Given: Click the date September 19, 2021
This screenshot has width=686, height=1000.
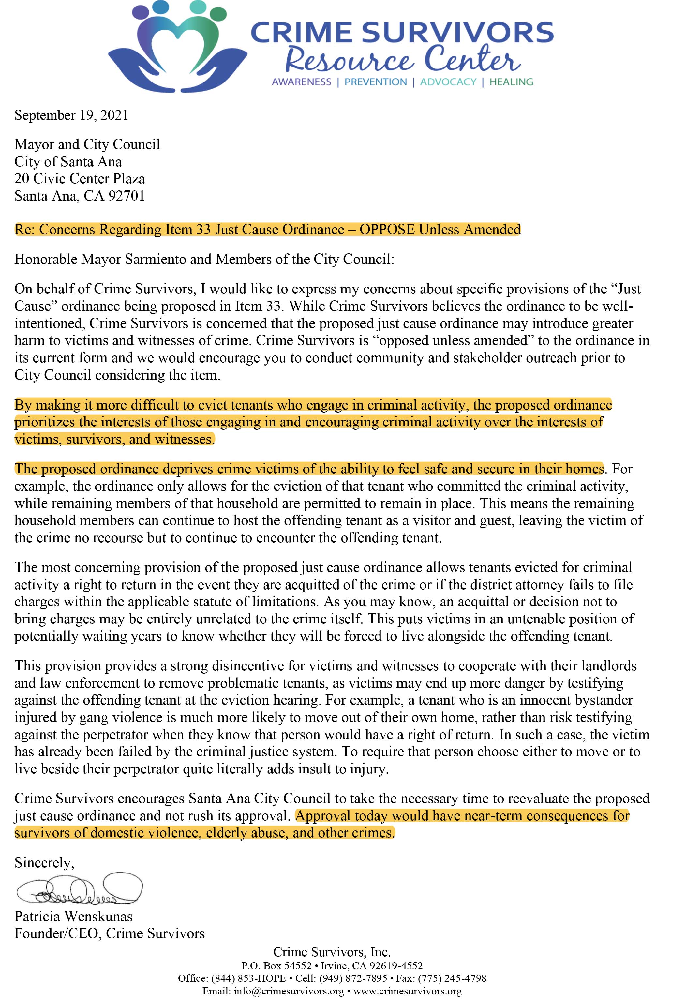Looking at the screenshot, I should pos(71,115).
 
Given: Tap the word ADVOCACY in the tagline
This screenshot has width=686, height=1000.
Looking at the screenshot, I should pos(448,82).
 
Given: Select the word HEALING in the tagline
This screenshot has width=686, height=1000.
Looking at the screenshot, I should pos(511,82).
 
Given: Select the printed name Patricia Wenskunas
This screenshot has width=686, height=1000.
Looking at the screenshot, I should pos(73,916).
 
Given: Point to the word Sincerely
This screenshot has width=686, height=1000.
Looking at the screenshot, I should pos(44,863).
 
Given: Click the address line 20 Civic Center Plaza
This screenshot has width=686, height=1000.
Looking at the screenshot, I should pos(80,179).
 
